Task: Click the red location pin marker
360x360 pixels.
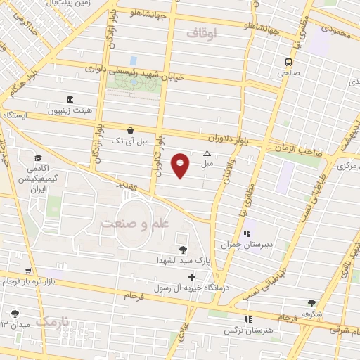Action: pyautogui.click(x=181, y=166)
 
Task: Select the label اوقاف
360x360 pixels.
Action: pyautogui.click(x=205, y=32)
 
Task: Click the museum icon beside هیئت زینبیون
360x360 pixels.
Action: pyautogui.click(x=68, y=100)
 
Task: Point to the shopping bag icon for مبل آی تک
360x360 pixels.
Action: pyautogui.click(x=130, y=130)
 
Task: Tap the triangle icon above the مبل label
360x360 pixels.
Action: pyautogui.click(x=207, y=154)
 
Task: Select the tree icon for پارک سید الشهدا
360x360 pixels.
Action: pyautogui.click(x=184, y=249)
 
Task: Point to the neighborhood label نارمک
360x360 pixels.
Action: pyautogui.click(x=55, y=322)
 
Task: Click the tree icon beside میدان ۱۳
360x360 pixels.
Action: pyautogui.click(x=14, y=314)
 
